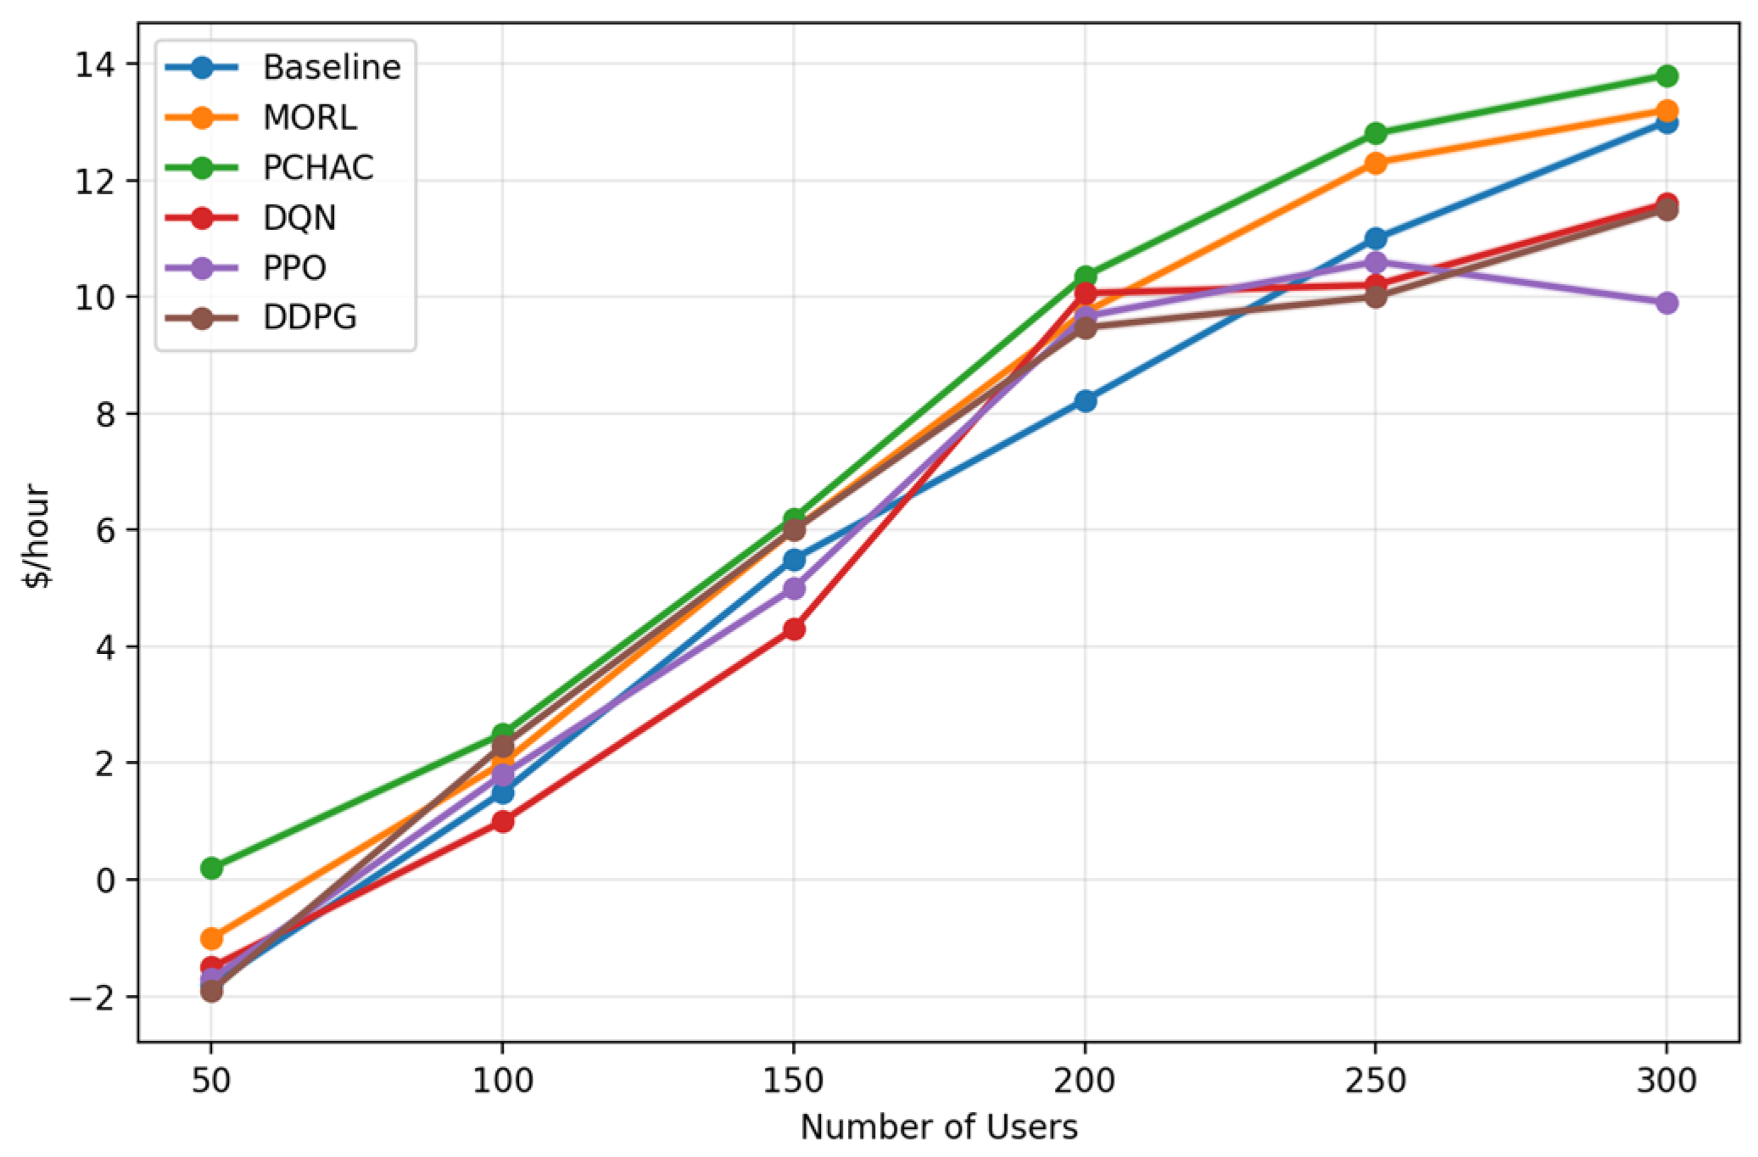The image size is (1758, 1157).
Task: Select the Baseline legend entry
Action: click(x=283, y=67)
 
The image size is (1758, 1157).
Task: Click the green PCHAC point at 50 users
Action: click(x=211, y=868)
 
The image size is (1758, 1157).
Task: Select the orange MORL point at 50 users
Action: click(x=211, y=938)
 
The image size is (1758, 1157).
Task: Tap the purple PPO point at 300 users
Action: click(x=1666, y=303)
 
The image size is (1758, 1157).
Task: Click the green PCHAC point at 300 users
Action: click(x=1666, y=76)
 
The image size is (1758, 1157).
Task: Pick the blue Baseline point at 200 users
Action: click(x=1085, y=400)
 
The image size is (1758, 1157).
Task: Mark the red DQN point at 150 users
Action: click(x=794, y=629)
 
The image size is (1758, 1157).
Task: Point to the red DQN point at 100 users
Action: click(x=502, y=821)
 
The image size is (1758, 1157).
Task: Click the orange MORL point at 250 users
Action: click(x=1376, y=163)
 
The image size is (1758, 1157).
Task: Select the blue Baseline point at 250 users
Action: click(x=1376, y=238)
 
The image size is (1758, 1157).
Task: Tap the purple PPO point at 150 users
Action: click(x=794, y=588)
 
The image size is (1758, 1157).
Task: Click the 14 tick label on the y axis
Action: click(x=95, y=64)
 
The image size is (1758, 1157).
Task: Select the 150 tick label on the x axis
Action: click(x=793, y=1081)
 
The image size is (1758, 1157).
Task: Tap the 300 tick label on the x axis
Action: click(x=1666, y=1081)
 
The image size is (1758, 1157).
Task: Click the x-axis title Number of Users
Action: click(x=939, y=1127)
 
